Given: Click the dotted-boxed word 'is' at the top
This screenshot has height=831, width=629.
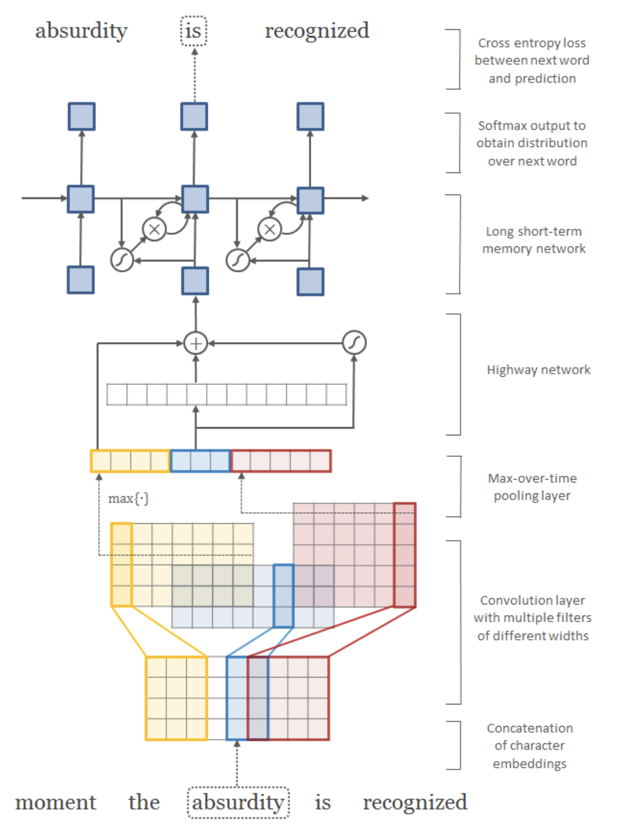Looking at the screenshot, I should click(x=193, y=31).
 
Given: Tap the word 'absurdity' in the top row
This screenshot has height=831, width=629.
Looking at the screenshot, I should click(x=81, y=31).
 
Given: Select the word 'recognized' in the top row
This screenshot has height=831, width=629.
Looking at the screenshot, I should click(x=317, y=31).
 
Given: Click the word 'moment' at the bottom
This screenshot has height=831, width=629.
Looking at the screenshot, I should click(x=55, y=802).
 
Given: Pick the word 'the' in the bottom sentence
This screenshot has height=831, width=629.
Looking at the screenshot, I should click(x=144, y=802).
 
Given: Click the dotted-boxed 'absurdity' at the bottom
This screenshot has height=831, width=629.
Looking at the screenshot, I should click(x=238, y=802).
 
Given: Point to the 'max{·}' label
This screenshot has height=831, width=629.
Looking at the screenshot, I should click(x=128, y=499).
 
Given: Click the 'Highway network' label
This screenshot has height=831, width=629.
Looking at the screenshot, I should click(x=538, y=370).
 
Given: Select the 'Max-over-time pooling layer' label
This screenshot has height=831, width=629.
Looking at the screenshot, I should click(x=532, y=487).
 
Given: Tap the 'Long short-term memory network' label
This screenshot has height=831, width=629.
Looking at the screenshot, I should click(x=533, y=240).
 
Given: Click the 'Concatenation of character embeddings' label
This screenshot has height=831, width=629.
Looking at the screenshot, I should click(x=530, y=745).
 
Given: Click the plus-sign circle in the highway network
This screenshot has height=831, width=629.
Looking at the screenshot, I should click(x=196, y=343).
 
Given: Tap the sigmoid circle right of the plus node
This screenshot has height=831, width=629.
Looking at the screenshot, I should click(x=354, y=343).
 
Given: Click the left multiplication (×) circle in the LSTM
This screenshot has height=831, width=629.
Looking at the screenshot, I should click(x=154, y=229).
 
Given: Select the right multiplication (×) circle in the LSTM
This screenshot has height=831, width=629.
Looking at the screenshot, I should click(x=270, y=229).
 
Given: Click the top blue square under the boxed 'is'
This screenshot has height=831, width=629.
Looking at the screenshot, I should click(x=194, y=117).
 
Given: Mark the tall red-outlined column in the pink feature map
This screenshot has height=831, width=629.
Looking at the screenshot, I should click(x=405, y=555).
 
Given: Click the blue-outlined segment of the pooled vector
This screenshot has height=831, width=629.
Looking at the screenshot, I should click(x=200, y=461).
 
